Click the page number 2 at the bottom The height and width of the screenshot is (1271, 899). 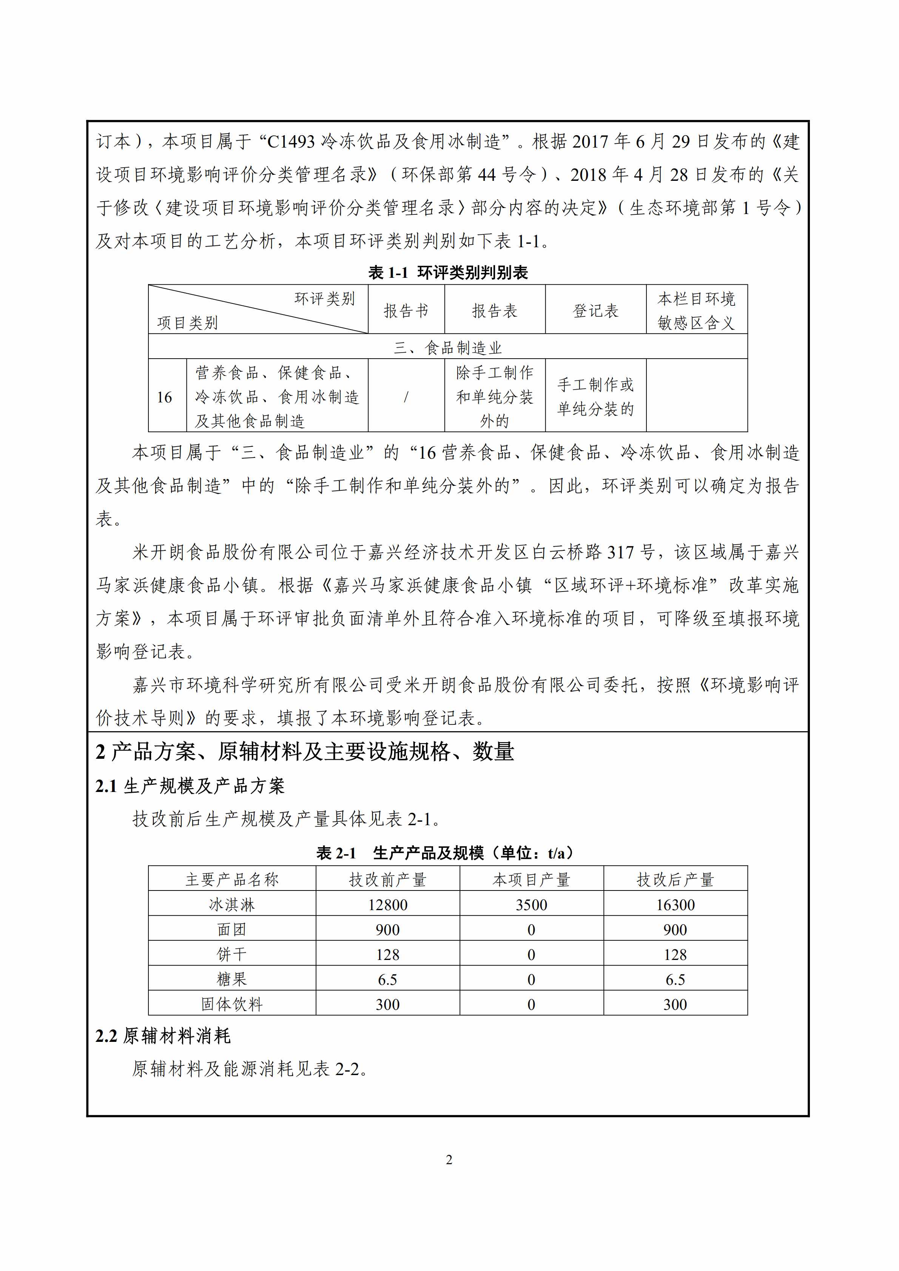coord(449,1160)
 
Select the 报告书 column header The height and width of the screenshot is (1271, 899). coord(406,311)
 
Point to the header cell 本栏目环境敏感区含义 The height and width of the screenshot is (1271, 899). coord(696,311)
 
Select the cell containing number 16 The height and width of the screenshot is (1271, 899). coord(164,397)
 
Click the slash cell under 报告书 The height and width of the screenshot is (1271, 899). coord(406,397)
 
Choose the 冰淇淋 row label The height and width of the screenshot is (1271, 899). coord(231,904)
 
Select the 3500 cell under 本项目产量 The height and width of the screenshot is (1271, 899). coord(531,904)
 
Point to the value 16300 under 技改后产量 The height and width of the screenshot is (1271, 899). coord(675,904)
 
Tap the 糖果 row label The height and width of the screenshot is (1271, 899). coord(231,979)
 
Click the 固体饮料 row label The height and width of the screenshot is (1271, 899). coord(231,1004)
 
